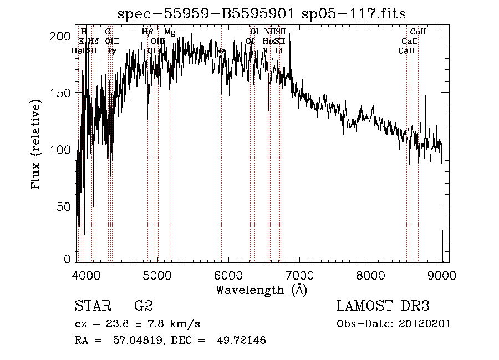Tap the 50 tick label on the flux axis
coord(65,206)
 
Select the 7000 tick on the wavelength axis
coord(299,275)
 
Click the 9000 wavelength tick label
coord(442,275)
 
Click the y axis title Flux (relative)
coord(37,145)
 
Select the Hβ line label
coord(147,32)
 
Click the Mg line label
coord(170,32)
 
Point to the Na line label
coord(221,51)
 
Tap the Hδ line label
coord(93,42)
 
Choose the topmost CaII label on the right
coord(417,32)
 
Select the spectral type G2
coord(143,306)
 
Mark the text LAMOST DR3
coord(383,306)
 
